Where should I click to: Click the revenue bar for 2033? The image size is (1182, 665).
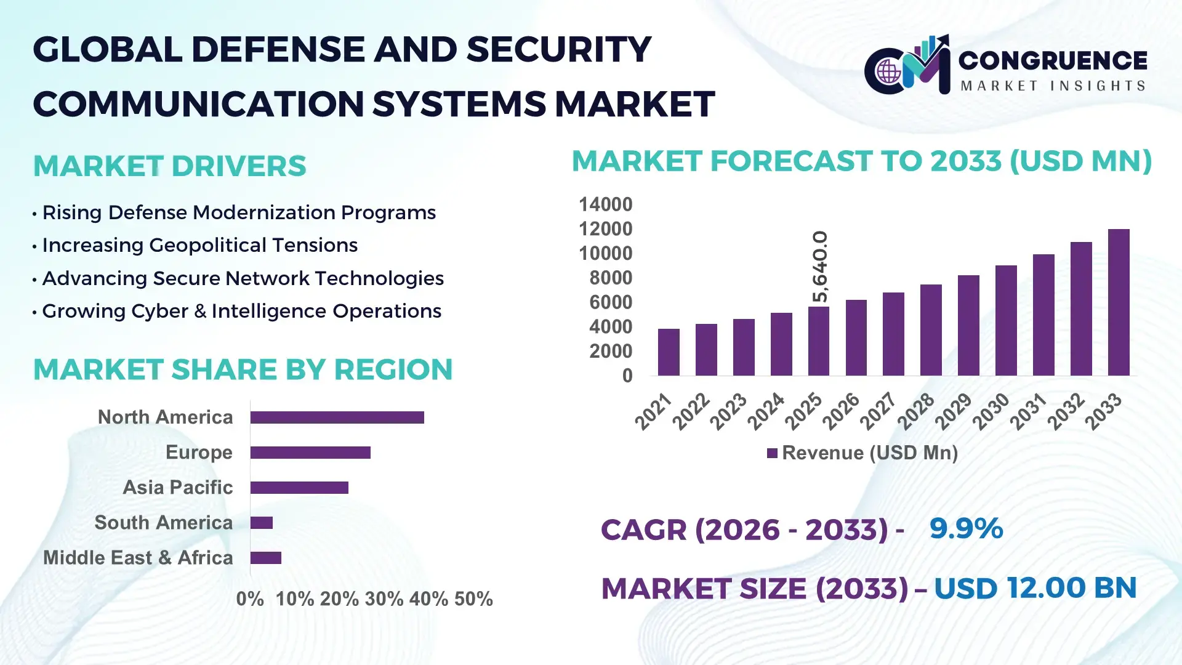pyautogui.click(x=1119, y=302)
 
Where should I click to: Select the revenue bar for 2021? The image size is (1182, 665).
pyautogui.click(x=669, y=352)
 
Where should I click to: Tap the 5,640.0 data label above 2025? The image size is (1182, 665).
pyautogui.click(x=820, y=267)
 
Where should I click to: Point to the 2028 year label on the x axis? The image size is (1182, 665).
pyautogui.click(x=917, y=411)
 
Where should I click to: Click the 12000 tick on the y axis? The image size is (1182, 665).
pyautogui.click(x=605, y=229)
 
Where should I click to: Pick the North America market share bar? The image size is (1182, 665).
pyautogui.click(x=337, y=417)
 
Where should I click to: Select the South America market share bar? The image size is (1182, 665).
pyautogui.click(x=262, y=523)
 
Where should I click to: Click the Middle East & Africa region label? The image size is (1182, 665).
pyautogui.click(x=138, y=558)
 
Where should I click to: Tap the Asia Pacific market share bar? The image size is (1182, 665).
pyautogui.click(x=299, y=488)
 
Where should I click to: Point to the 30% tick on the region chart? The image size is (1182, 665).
pyautogui.click(x=384, y=599)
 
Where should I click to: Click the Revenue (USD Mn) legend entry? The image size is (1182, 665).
pyautogui.click(x=862, y=453)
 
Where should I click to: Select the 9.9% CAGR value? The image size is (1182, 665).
pyautogui.click(x=966, y=528)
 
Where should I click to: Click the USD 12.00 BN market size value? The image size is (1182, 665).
pyautogui.click(x=1035, y=588)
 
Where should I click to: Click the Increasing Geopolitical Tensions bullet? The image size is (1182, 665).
pyautogui.click(x=199, y=246)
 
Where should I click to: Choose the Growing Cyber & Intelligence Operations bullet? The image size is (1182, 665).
pyautogui.click(x=241, y=312)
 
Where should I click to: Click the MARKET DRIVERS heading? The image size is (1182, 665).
pyautogui.click(x=169, y=166)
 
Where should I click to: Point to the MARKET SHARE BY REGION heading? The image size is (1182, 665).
pyautogui.click(x=243, y=370)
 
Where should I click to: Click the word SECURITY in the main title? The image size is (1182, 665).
pyautogui.click(x=558, y=49)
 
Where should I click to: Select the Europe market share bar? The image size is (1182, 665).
pyautogui.click(x=310, y=453)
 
